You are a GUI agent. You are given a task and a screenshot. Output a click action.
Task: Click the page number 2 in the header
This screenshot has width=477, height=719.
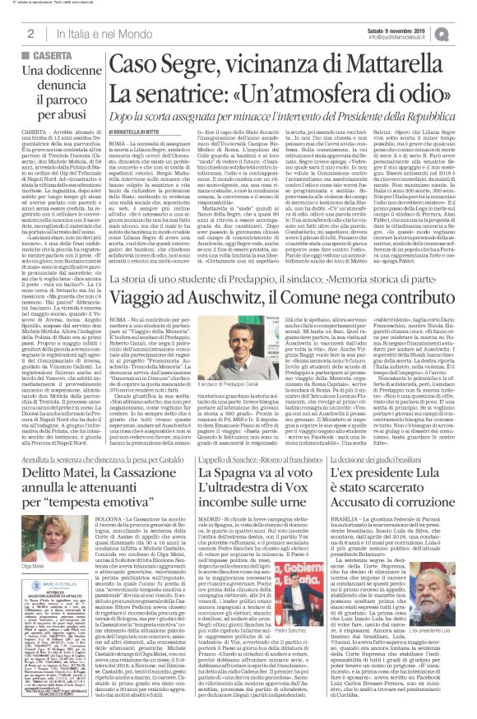click(x=30, y=32)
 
